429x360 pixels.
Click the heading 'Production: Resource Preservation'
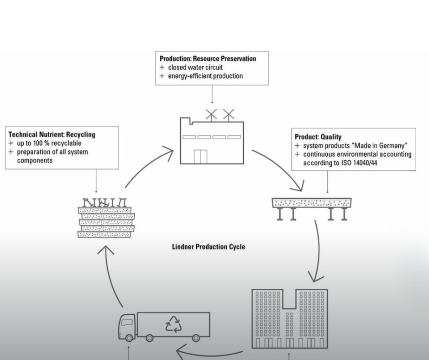(208, 59)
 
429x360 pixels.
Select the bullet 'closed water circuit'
(195, 68)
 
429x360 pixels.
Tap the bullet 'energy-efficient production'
(205, 76)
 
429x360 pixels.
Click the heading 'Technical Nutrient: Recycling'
(52, 135)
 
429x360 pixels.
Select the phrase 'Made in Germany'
(383, 146)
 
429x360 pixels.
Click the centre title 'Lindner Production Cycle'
(208, 247)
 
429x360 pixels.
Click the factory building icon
(211, 142)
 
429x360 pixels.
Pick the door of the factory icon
(200, 156)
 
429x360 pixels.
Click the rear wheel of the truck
(196, 338)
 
